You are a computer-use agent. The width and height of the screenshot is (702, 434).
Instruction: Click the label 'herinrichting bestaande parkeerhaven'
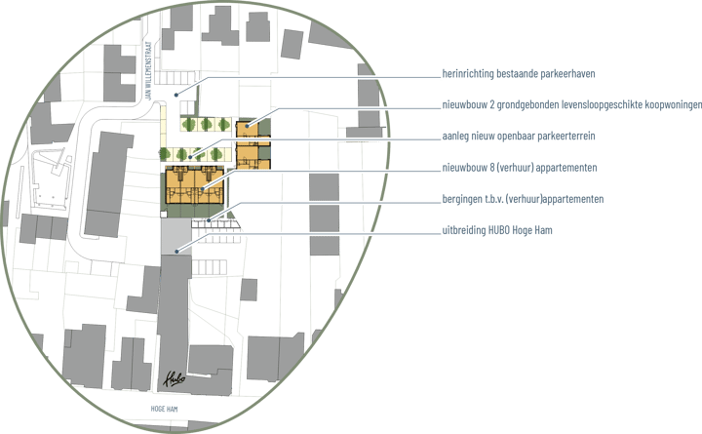coord(519,73)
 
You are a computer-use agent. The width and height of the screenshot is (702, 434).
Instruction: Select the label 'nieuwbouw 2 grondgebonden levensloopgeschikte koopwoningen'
coord(572,104)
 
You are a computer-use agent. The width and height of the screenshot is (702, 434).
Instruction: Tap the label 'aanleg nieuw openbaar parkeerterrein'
coord(519,136)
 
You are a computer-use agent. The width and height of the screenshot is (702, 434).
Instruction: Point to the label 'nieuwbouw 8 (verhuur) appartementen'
coord(520,168)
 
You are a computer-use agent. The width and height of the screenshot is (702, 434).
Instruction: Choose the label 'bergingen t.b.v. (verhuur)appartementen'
coord(523,199)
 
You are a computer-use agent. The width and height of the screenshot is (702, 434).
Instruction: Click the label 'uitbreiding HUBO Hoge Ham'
coord(497,230)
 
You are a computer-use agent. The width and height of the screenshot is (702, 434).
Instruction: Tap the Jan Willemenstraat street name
coord(149,71)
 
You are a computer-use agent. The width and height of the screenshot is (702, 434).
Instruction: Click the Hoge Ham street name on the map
coord(165,409)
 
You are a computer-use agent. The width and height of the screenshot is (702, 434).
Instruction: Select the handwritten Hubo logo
coord(175,379)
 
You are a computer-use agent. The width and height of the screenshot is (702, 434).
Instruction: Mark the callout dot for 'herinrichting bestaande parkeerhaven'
coord(176,95)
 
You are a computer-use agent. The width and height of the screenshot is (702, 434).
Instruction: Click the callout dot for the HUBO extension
coord(176,252)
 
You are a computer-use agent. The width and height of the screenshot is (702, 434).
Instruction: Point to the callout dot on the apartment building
coord(203,188)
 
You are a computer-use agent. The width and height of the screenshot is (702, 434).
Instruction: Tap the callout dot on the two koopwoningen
coord(247,126)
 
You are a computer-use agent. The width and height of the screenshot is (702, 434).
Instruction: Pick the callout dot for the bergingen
coord(209,219)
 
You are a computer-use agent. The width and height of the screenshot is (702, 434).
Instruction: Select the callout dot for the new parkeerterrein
coord(190,157)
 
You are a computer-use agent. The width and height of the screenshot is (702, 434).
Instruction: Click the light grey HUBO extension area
coord(175,236)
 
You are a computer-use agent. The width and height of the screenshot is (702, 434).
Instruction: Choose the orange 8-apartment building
coord(195,185)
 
